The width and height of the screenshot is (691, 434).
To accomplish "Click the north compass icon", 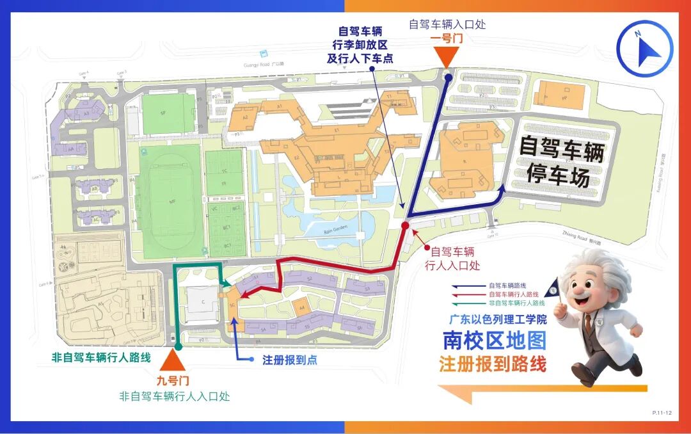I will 644,48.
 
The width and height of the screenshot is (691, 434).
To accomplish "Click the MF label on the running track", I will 171,201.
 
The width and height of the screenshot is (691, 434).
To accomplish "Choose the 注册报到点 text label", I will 290,360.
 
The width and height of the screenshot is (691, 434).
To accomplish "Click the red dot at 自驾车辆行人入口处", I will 405,226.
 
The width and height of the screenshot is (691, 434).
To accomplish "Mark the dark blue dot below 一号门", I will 449,78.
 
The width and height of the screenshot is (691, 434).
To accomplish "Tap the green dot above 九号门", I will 178,346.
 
